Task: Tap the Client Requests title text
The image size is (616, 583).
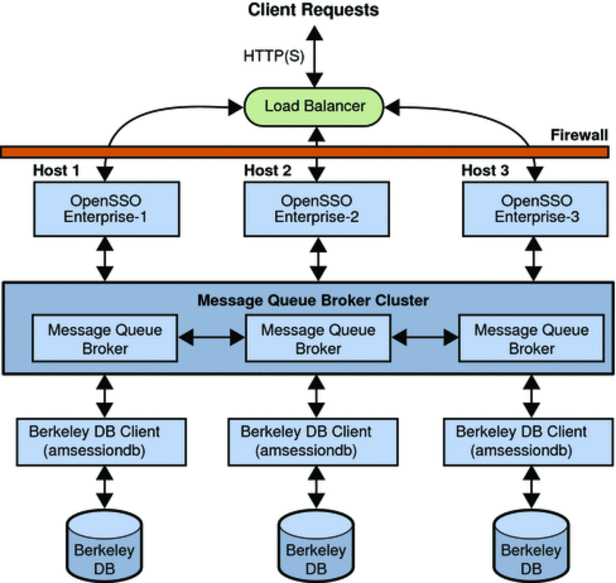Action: tap(313, 10)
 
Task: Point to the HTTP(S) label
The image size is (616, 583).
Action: tap(274, 56)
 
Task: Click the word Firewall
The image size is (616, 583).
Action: tap(579, 135)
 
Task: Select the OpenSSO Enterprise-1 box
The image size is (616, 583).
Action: tap(106, 209)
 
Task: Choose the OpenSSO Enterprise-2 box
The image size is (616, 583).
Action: tap(316, 209)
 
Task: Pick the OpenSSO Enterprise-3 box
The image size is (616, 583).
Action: tap(535, 209)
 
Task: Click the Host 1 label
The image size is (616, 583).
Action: tap(56, 170)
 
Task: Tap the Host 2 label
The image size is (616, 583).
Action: tap(267, 170)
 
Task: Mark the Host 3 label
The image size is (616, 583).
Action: tap(485, 170)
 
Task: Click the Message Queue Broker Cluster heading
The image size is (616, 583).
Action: tap(313, 300)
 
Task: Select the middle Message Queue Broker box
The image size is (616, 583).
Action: tap(317, 339)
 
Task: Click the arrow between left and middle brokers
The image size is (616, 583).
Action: tap(211, 338)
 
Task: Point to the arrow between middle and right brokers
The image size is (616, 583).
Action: tap(425, 338)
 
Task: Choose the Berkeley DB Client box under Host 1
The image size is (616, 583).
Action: tap(101, 441)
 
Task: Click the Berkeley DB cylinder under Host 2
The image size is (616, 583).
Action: tap(316, 549)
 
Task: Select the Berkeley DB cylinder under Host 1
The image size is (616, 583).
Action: tap(104, 549)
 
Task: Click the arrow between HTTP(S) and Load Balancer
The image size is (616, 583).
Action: tap(314, 57)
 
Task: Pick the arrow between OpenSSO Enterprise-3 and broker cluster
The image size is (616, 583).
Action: tap(534, 259)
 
